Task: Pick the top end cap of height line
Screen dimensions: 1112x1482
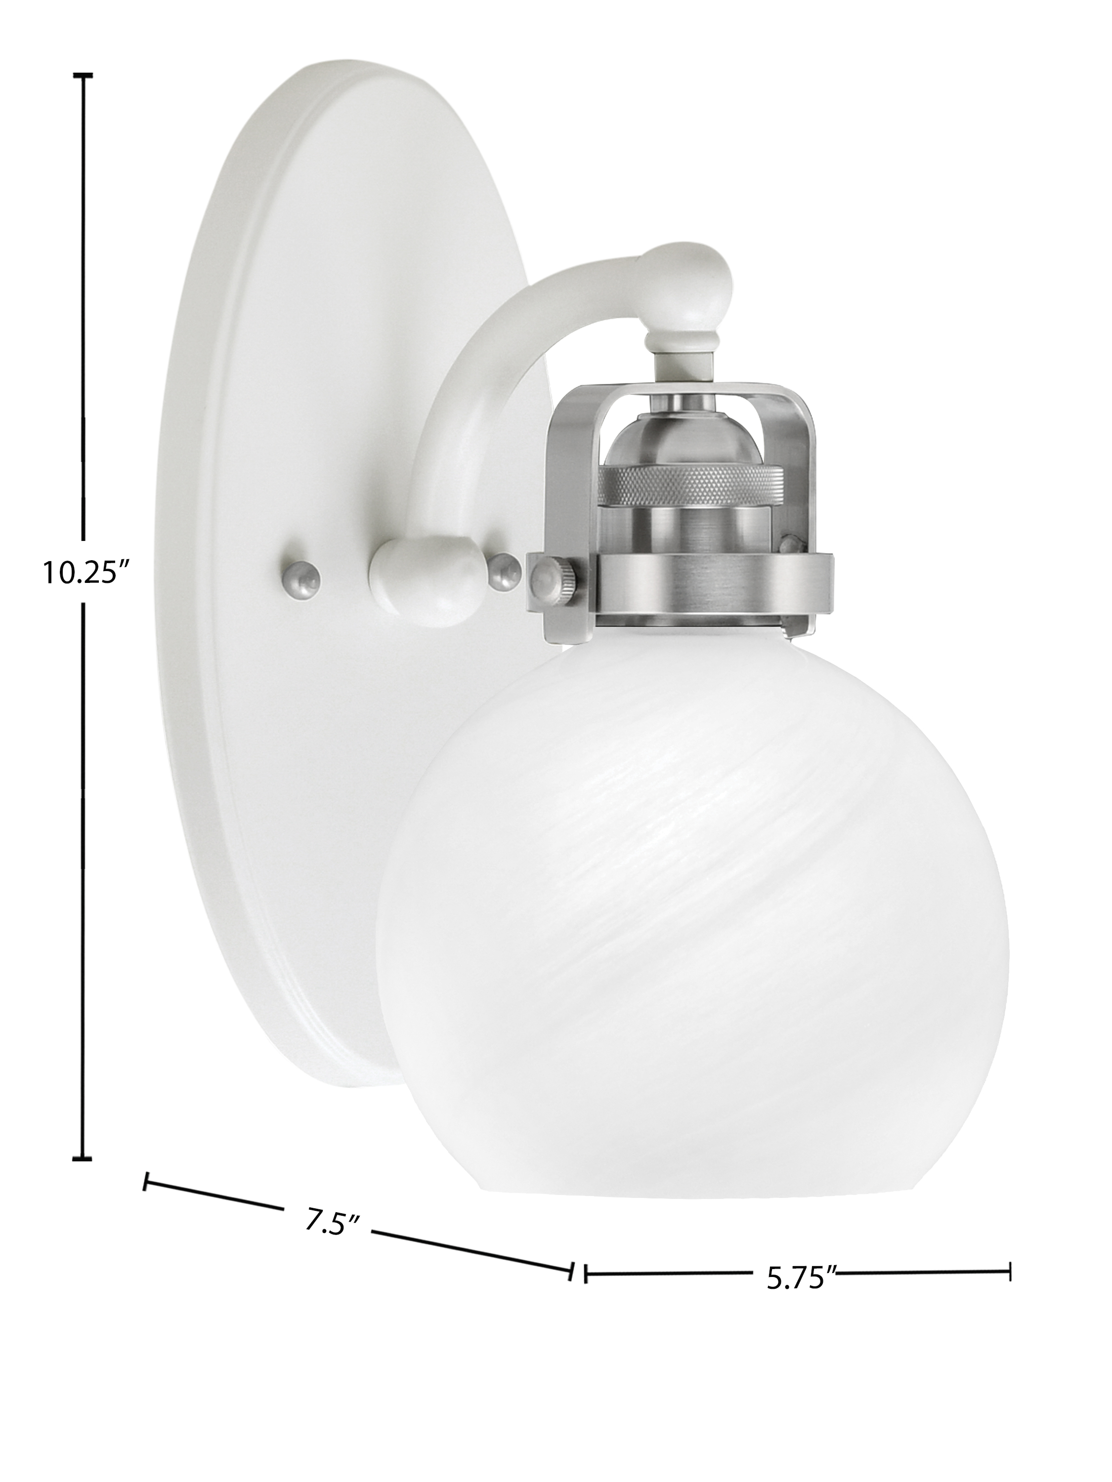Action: (83, 76)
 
